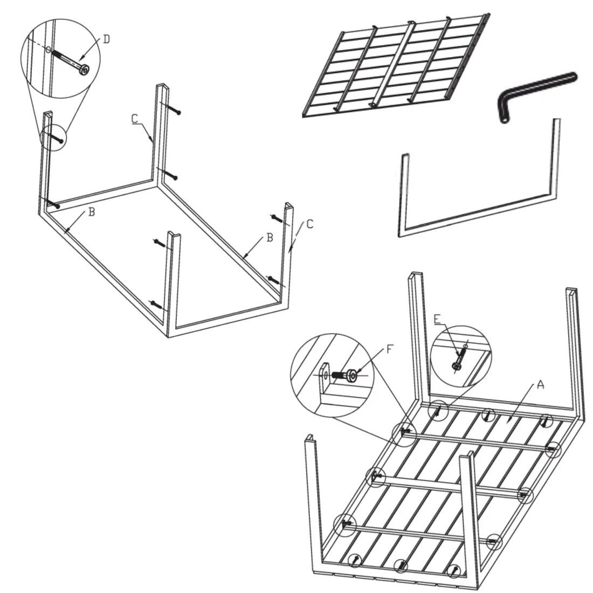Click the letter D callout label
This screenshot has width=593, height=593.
pos(107,39)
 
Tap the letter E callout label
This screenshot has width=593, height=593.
pos(437,320)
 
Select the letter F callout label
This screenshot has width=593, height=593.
pos(390,349)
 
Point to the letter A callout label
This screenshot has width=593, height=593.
pos(540,385)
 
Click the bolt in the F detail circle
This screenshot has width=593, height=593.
pos(344,376)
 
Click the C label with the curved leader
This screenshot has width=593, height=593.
pos(135,119)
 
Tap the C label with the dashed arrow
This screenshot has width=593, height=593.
pos(310,224)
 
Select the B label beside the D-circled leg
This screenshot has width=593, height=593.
pos(91,212)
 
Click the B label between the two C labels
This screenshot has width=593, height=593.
pos(270,238)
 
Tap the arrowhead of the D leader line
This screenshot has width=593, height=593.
pos(81,58)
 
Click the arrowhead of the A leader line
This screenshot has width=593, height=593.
pos(509,419)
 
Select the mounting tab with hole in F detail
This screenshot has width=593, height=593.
pos(325,376)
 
